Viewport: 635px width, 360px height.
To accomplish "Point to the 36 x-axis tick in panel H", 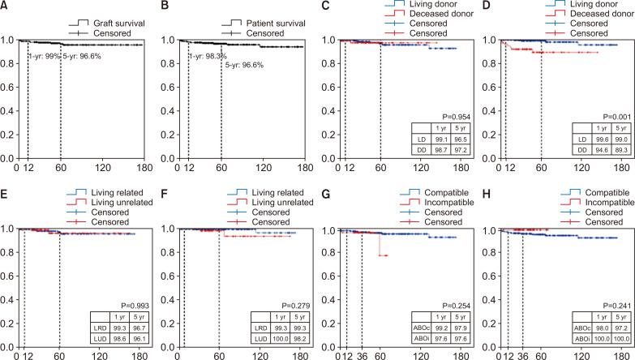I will click(x=522, y=355).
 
